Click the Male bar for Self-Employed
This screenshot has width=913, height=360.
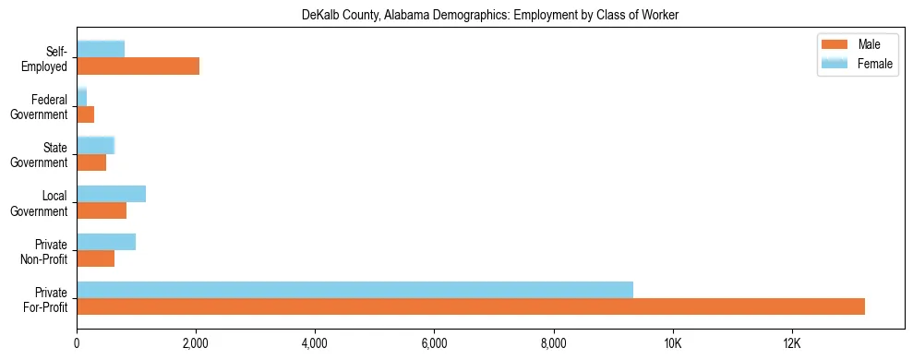click(138, 66)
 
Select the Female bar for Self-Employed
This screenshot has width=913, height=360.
click(101, 49)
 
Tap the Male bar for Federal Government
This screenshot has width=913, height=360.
click(85, 114)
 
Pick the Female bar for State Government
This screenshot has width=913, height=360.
click(95, 145)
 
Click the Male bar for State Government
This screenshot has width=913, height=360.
click(91, 162)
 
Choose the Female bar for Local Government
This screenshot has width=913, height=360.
click(111, 193)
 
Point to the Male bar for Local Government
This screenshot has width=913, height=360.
click(102, 210)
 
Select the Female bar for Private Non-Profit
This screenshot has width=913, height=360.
click(106, 241)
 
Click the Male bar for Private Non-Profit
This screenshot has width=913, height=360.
click(95, 258)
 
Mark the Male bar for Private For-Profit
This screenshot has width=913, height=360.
click(471, 306)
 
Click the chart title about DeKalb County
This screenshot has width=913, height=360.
click(490, 16)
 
